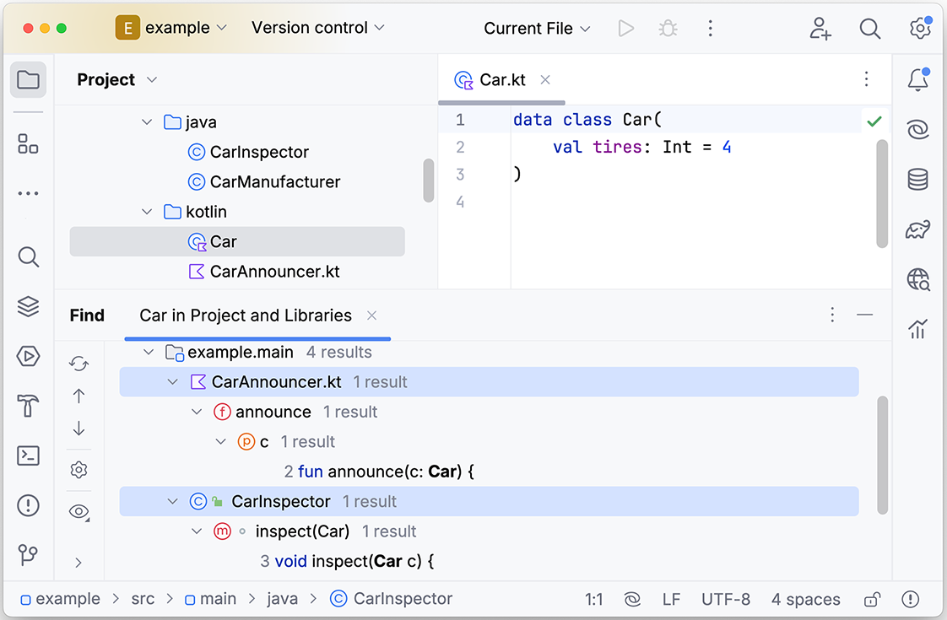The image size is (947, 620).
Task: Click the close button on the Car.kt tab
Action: pyautogui.click(x=544, y=79)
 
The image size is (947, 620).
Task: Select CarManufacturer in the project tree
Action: pyautogui.click(x=275, y=181)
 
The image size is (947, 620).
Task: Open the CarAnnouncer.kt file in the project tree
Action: pyautogui.click(x=275, y=272)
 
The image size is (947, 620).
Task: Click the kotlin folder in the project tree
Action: pyautogui.click(x=206, y=212)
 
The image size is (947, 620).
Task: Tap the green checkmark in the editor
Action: pyautogui.click(x=874, y=121)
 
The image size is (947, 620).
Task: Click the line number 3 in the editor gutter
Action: pyautogui.click(x=460, y=175)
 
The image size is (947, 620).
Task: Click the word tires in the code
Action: pyautogui.click(x=617, y=147)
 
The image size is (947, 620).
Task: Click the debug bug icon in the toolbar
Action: pyautogui.click(x=668, y=29)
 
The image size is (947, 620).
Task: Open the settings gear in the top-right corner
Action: pyautogui.click(x=920, y=28)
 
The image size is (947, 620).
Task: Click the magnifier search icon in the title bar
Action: pyautogui.click(x=869, y=29)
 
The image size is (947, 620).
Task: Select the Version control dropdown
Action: pyautogui.click(x=317, y=28)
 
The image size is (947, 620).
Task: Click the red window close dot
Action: pyautogui.click(x=28, y=29)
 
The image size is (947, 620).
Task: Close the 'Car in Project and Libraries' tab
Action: pyautogui.click(x=372, y=315)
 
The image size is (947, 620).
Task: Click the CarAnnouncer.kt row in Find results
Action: pyautogui.click(x=276, y=381)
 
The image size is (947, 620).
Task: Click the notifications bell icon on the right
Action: pyautogui.click(x=918, y=79)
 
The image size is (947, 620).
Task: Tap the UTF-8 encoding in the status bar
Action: pyautogui.click(x=725, y=599)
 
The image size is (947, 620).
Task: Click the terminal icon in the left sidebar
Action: pyautogui.click(x=29, y=456)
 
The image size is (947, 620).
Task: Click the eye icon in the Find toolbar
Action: pyautogui.click(x=78, y=512)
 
